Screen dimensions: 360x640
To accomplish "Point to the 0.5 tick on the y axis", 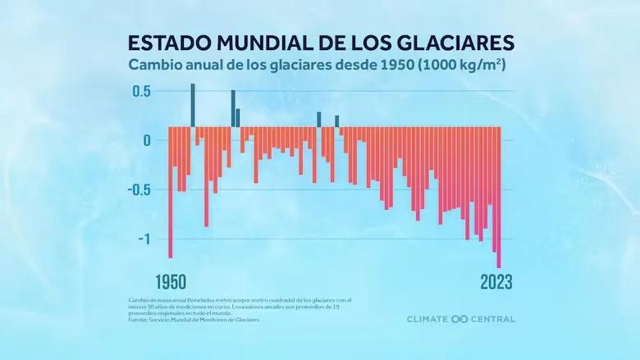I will click(x=143, y=91).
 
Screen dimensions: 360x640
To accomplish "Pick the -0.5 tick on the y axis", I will click(x=140, y=189).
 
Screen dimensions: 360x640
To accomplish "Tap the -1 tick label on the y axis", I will click(x=144, y=239).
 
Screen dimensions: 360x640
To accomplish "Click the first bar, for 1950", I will click(x=171, y=192).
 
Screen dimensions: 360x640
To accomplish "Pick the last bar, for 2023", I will click(x=499, y=197).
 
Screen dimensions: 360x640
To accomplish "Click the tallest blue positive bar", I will click(x=193, y=105).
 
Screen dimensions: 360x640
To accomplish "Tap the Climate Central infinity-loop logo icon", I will click(x=459, y=319).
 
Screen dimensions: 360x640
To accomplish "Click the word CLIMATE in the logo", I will click(x=428, y=319).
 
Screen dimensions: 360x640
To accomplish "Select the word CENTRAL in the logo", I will click(x=493, y=319).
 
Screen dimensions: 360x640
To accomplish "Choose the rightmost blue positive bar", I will click(x=336, y=121).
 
